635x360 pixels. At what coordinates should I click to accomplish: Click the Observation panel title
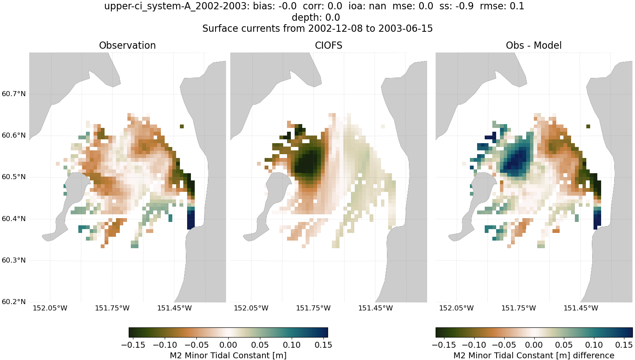(x=127, y=45)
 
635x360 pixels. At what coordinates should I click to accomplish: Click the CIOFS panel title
(x=329, y=45)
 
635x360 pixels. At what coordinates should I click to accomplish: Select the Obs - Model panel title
(x=533, y=45)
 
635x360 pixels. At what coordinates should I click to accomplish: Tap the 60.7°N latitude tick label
(x=14, y=94)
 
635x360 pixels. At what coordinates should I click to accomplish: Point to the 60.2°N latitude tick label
(x=14, y=302)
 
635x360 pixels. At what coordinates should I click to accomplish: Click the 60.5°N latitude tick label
(x=14, y=177)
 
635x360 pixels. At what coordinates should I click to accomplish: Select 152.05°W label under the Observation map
(x=50, y=308)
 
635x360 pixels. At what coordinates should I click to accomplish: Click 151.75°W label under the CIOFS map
(x=313, y=308)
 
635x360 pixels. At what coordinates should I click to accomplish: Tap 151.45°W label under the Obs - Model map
(x=581, y=308)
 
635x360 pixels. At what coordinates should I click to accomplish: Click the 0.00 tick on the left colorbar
(x=228, y=345)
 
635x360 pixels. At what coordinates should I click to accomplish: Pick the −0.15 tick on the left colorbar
(x=133, y=345)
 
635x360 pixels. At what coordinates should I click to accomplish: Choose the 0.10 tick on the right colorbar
(x=594, y=345)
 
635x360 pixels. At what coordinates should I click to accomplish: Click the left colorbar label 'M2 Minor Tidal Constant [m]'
(x=228, y=355)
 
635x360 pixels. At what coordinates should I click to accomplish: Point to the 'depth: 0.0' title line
(x=316, y=17)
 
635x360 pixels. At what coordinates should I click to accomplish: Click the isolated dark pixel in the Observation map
(x=182, y=126)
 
